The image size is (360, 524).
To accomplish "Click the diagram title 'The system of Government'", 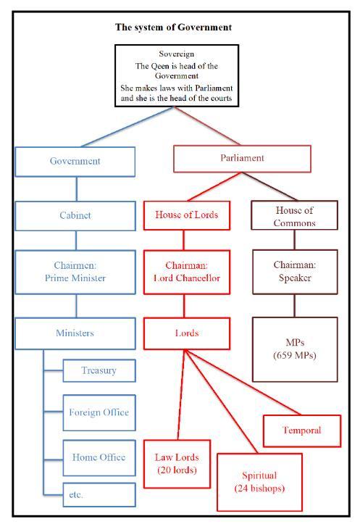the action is click(x=173, y=28).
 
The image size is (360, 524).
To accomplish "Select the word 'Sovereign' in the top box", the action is click(x=176, y=54).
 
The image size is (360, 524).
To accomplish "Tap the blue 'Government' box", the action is click(x=75, y=162).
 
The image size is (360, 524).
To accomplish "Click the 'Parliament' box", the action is click(x=242, y=159).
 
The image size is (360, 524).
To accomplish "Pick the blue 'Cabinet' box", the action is click(x=75, y=216).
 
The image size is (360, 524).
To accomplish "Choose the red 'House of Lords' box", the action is click(x=187, y=215).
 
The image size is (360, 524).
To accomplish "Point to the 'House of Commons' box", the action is click(x=294, y=215).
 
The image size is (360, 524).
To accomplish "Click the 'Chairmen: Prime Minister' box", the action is click(x=75, y=272).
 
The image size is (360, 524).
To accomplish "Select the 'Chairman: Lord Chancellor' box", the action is click(x=187, y=272).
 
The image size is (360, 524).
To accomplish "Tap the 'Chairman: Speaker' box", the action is click(x=295, y=272).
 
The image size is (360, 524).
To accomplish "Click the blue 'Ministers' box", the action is click(x=75, y=333).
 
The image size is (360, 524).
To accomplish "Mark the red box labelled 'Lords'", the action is click(x=187, y=333).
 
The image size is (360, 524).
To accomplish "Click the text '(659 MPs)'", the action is click(x=295, y=355).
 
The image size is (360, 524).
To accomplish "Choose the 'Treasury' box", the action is click(x=99, y=370).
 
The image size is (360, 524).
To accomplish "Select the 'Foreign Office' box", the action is click(x=99, y=412).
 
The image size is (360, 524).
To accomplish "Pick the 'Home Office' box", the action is click(x=99, y=458).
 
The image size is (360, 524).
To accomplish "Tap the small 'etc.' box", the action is click(x=99, y=494).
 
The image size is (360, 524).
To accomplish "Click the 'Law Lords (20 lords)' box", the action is click(x=177, y=464).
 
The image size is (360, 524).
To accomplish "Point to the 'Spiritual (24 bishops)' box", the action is click(x=259, y=482).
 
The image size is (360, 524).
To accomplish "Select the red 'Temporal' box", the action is click(x=302, y=431).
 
